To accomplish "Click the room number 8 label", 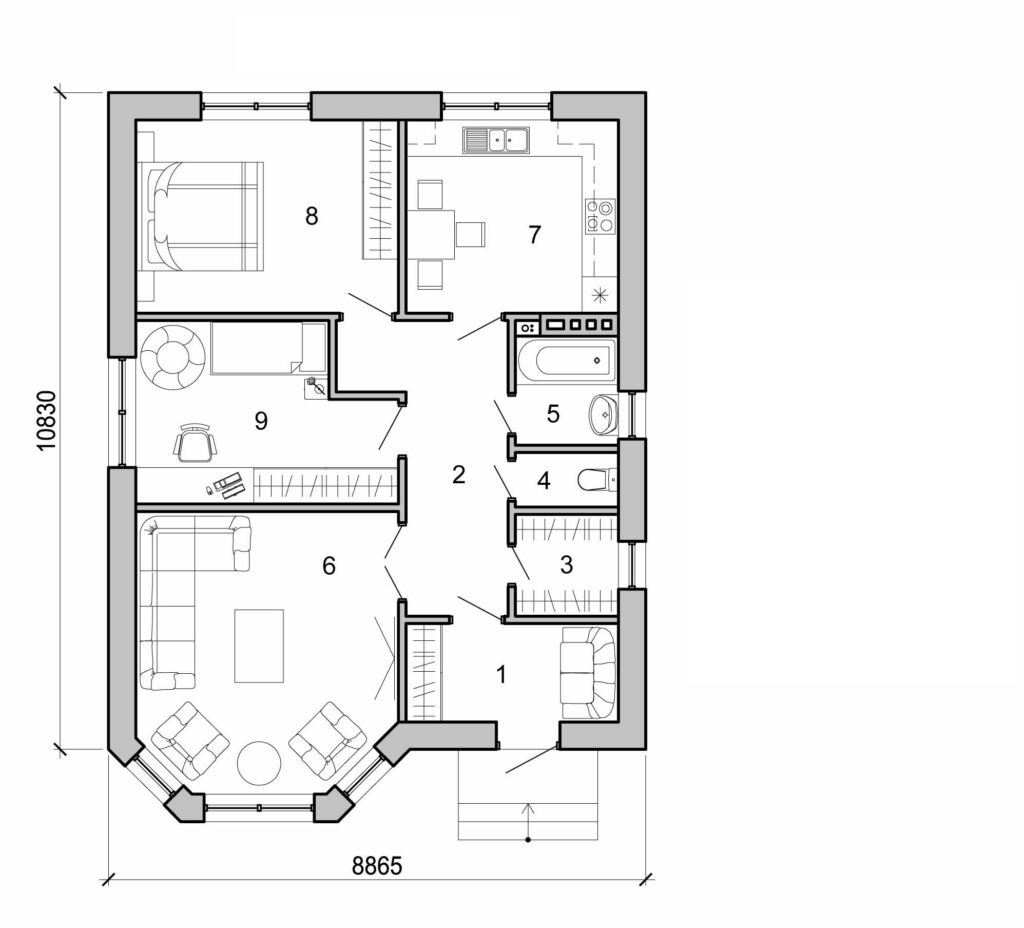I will tap(312, 215).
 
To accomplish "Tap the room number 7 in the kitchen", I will tap(534, 235).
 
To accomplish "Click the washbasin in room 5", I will tap(604, 414).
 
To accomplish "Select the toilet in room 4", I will tap(597, 481).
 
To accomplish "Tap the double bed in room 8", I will tap(205, 215).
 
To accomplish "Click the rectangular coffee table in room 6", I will tap(258, 646).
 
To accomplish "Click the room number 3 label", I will tap(566, 565).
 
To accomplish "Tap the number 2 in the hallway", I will tap(458, 475).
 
